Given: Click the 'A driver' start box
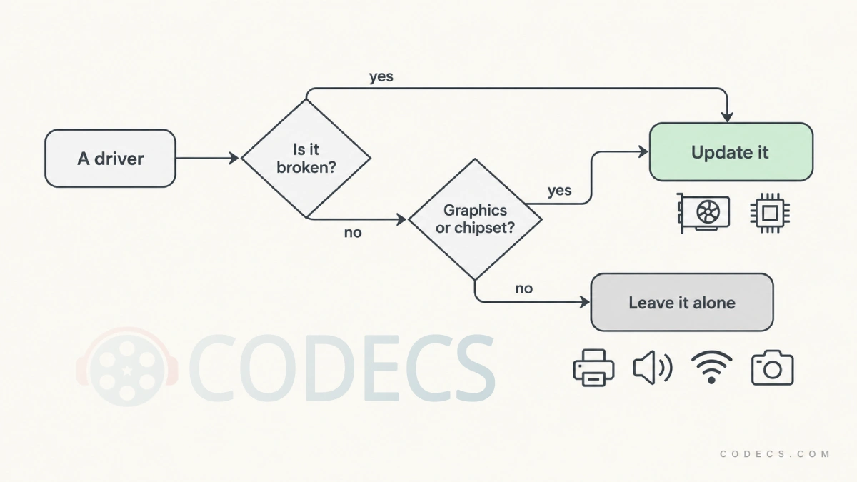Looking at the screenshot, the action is click(x=110, y=159).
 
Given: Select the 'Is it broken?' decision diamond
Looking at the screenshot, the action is click(x=306, y=159).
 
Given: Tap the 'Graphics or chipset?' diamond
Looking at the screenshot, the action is click(x=475, y=219).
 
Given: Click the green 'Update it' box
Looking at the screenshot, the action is click(x=731, y=152).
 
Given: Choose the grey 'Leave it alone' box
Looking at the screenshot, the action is click(x=682, y=302).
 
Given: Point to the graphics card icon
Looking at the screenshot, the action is click(x=703, y=213).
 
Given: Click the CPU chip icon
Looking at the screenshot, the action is click(x=770, y=213).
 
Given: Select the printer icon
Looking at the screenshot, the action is click(x=593, y=368).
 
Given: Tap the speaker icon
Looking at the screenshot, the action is click(x=653, y=368).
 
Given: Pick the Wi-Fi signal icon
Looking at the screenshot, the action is click(x=711, y=367).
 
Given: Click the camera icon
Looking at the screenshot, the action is click(x=773, y=368).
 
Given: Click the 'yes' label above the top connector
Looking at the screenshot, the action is click(x=381, y=76).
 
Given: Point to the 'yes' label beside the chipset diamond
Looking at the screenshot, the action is click(x=560, y=191).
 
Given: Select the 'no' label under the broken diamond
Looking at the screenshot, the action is click(x=353, y=233).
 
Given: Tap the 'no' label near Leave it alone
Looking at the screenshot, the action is click(x=523, y=288).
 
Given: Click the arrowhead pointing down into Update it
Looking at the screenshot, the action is click(x=727, y=116).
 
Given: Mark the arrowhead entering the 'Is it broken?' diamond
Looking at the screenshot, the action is click(x=234, y=158).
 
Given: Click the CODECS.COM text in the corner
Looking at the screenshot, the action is click(x=775, y=453).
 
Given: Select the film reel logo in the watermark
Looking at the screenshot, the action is click(x=127, y=366).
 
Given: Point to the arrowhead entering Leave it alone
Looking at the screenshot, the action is click(x=585, y=302).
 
